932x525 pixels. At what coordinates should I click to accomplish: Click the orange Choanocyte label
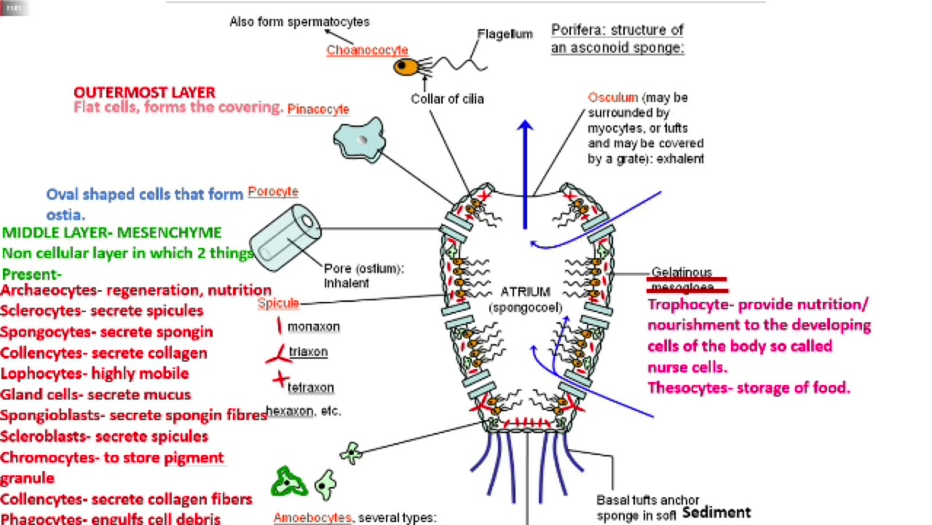point(367,50)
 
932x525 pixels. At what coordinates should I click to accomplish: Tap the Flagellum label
point(505,34)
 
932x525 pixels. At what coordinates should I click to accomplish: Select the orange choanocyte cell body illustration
point(405,68)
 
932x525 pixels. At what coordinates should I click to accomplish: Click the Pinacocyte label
point(318,109)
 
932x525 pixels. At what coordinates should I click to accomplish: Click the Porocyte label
point(273,192)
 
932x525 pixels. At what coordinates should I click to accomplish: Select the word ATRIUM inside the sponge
point(525,292)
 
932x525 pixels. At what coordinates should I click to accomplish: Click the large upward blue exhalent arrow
point(525,175)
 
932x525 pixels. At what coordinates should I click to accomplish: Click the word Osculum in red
point(612,98)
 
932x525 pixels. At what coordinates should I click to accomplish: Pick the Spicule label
point(278,303)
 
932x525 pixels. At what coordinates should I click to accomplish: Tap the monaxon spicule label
point(313,327)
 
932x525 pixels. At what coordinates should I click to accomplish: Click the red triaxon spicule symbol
point(277,356)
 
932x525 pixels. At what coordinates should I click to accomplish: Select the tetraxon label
point(311,388)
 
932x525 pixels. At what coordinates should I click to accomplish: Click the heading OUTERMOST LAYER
point(144,93)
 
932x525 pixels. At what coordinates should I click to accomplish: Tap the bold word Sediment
point(716,513)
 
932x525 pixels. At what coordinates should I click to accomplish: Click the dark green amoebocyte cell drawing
point(289,482)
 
